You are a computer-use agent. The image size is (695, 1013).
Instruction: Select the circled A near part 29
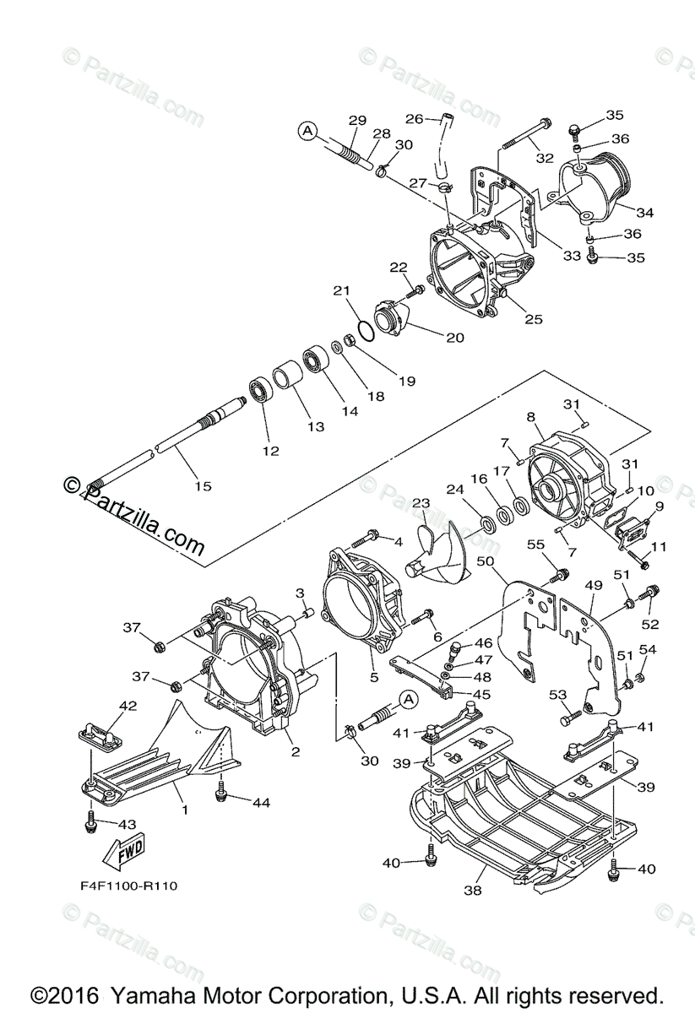(x=307, y=132)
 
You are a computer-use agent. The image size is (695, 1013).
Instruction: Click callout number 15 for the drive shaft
(x=204, y=486)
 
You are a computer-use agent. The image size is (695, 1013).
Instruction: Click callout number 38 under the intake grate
(x=473, y=891)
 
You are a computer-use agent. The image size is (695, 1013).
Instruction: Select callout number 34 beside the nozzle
(x=644, y=212)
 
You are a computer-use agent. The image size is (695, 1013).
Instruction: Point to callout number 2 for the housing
(x=295, y=751)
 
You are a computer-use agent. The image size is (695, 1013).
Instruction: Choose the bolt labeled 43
(x=91, y=825)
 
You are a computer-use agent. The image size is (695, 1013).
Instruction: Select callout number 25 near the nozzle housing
(x=533, y=319)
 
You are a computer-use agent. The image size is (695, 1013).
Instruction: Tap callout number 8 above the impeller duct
(x=530, y=416)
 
